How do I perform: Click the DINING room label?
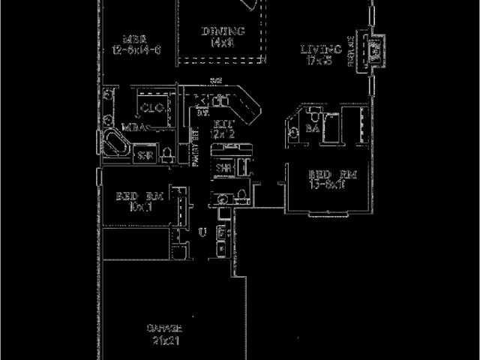tap(223, 31)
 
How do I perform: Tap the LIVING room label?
tap(321, 49)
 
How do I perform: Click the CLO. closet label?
tap(154, 106)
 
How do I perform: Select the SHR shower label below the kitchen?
tap(223, 168)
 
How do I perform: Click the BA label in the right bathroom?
tap(313, 129)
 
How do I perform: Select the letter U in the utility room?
tap(201, 233)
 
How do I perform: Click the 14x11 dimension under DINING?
tap(223, 43)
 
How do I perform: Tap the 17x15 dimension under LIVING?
tap(321, 61)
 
